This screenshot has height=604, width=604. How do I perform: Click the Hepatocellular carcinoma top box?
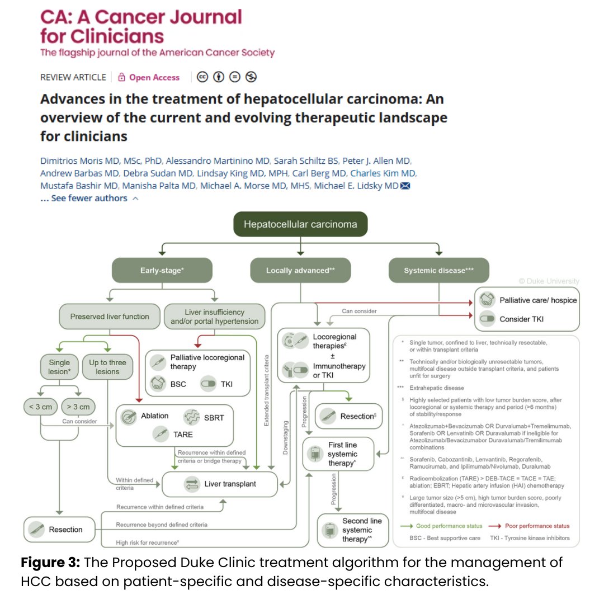coord(300,225)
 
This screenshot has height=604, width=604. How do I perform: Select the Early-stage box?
coord(162,270)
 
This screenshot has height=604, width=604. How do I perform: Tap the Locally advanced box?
coord(300,270)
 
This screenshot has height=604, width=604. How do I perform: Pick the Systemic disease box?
coord(438,270)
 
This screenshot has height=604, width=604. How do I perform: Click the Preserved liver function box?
coord(110,317)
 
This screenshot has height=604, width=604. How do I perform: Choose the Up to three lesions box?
coord(107,367)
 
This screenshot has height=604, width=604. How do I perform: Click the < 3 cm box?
coord(41,407)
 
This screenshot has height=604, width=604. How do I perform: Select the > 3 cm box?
coord(77,407)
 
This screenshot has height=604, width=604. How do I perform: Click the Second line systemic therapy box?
coord(350,530)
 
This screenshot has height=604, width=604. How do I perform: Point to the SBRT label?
coord(214,417)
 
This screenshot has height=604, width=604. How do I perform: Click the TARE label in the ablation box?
coord(183,434)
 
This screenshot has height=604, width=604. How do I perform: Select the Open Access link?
coord(154,77)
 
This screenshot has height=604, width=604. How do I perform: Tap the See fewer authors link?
coord(89,199)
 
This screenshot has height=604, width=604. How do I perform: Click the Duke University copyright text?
coord(549,281)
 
